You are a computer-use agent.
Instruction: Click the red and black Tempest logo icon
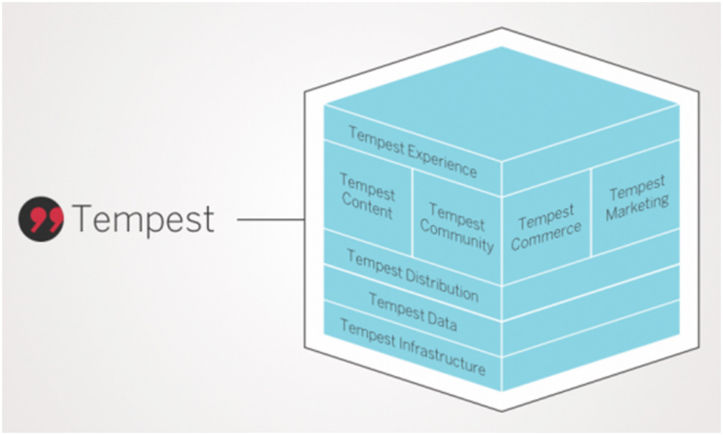tap(41, 219)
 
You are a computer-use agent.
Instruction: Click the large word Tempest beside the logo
tap(143, 219)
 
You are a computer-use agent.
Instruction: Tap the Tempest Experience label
tap(413, 152)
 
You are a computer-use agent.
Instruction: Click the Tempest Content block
tap(368, 196)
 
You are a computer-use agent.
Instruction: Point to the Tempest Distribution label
tap(413, 275)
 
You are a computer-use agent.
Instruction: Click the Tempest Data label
tap(413, 312)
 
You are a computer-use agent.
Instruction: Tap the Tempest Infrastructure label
tap(413, 346)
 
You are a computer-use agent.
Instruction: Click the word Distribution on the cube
tap(442, 284)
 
